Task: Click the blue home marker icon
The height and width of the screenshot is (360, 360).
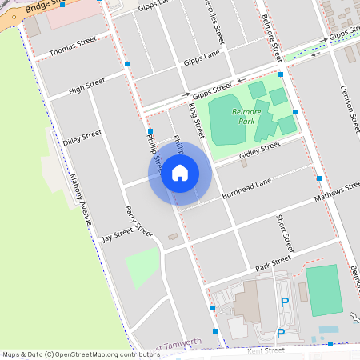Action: coord(180,173)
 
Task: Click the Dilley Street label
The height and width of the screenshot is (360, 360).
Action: coord(82,137)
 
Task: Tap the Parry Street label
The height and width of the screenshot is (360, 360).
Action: coord(138,222)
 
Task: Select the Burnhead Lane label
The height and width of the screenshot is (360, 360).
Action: coord(248,189)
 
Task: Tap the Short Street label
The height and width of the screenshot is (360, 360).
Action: coord(286,233)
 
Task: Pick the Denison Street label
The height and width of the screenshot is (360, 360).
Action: coord(350,108)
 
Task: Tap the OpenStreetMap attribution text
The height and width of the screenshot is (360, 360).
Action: coord(80,354)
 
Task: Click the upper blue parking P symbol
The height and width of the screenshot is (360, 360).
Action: coord(285,302)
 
